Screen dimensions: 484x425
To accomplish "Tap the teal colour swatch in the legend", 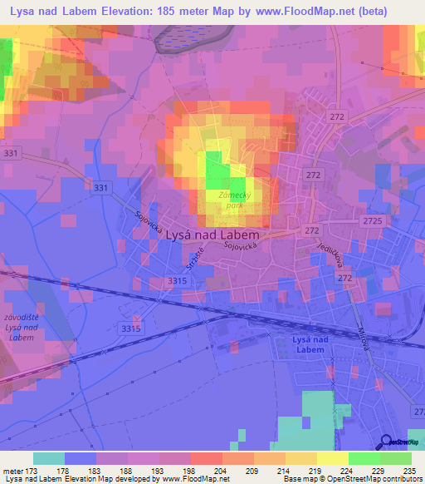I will point(49,458).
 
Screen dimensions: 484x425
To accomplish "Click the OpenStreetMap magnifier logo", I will point(385,442).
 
